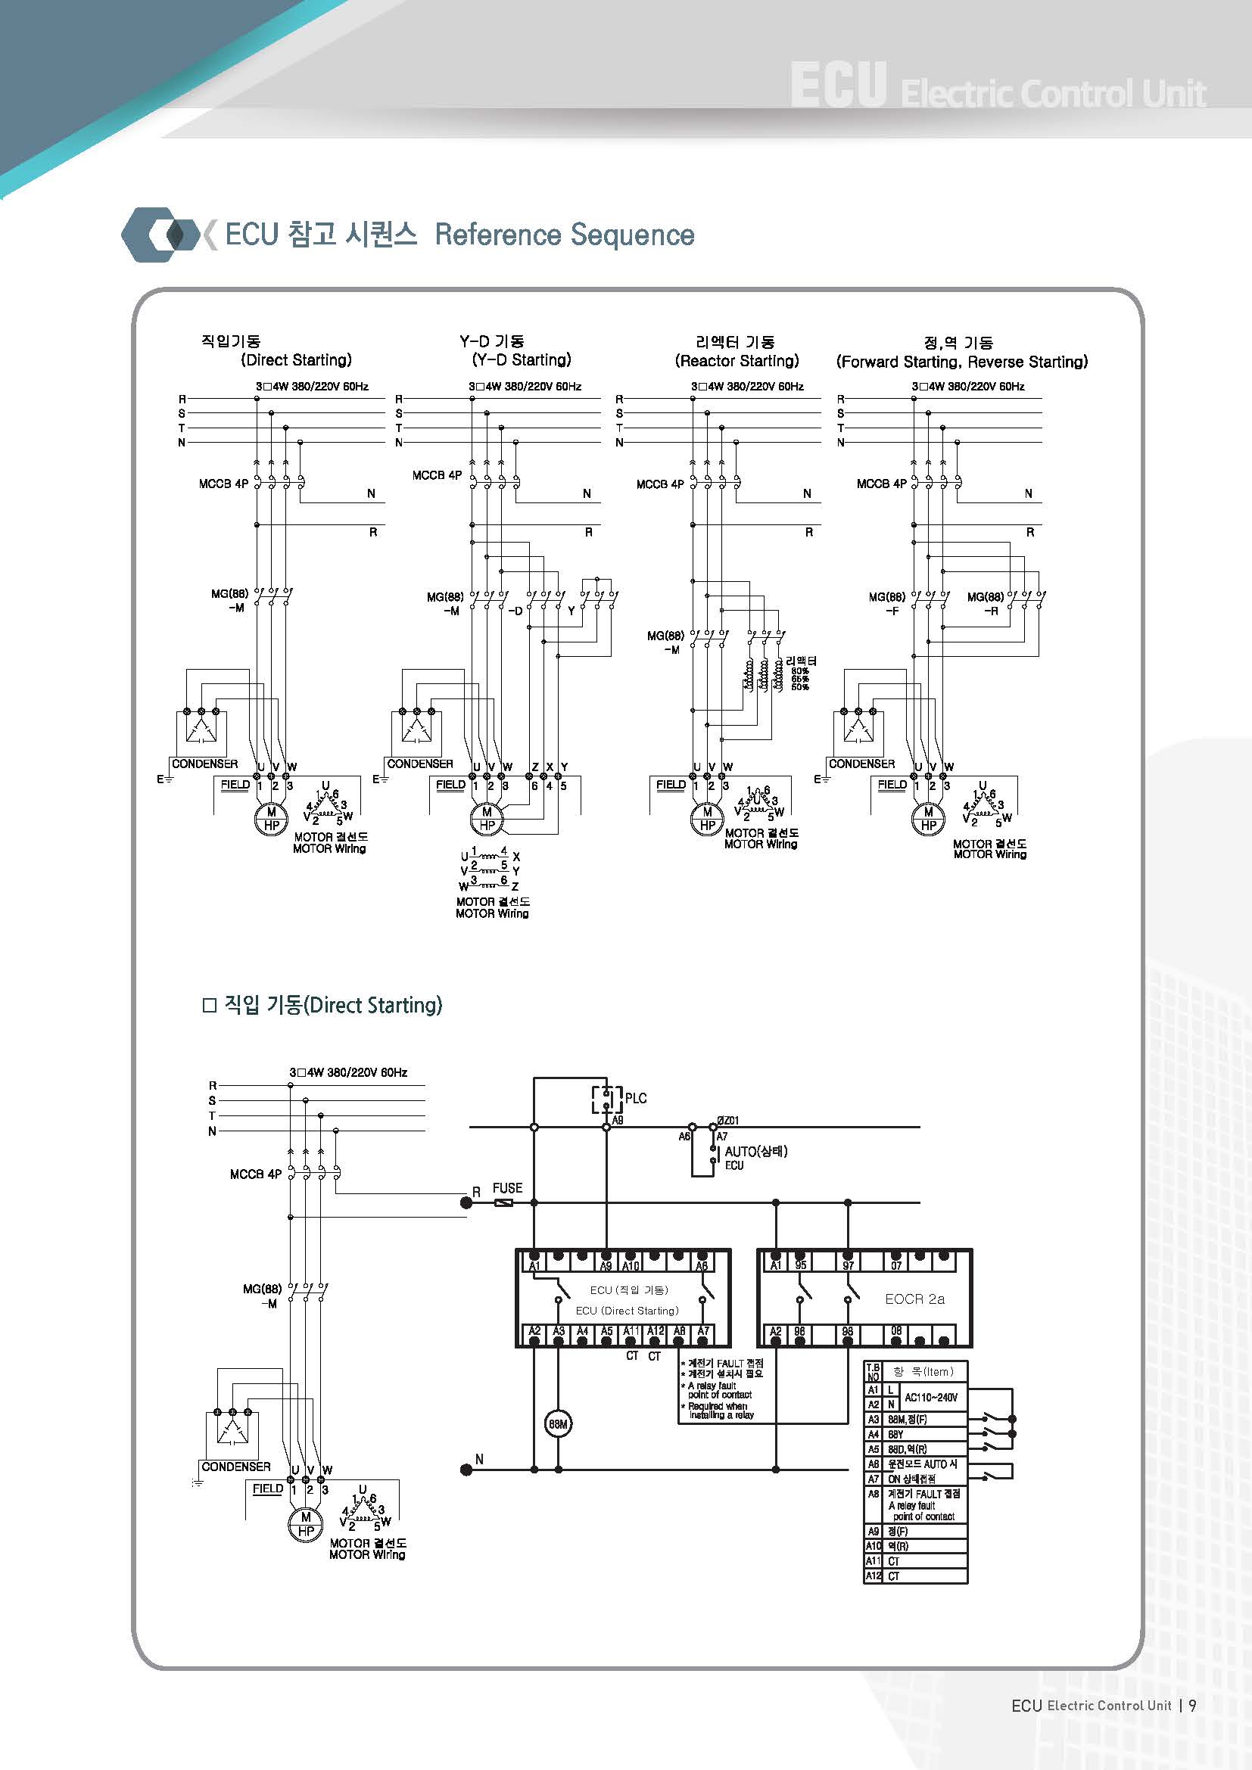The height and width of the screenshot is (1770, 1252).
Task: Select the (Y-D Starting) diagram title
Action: tap(521, 360)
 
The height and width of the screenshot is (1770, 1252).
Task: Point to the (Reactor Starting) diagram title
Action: tap(737, 361)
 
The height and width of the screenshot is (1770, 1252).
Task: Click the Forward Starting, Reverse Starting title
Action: tap(962, 362)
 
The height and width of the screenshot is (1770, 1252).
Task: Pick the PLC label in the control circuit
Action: tap(635, 1098)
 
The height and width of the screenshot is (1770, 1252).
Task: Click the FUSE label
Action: tap(507, 1188)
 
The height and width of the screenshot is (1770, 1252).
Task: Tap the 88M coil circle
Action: tap(557, 1425)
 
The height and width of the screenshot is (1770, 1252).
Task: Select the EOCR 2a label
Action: tap(914, 1299)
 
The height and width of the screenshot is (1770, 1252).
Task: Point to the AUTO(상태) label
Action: tap(755, 1151)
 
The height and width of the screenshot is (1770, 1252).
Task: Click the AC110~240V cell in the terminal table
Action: tap(930, 1397)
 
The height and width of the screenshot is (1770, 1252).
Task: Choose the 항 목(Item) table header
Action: tap(923, 1371)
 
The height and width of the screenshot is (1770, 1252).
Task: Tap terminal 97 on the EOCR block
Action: tap(848, 1265)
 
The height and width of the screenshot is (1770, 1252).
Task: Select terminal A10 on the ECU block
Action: tap(631, 1265)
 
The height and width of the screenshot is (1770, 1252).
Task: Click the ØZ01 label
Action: tap(727, 1120)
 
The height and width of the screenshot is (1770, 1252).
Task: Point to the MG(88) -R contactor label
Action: tap(986, 603)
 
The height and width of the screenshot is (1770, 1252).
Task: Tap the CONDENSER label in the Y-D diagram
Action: tap(419, 764)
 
